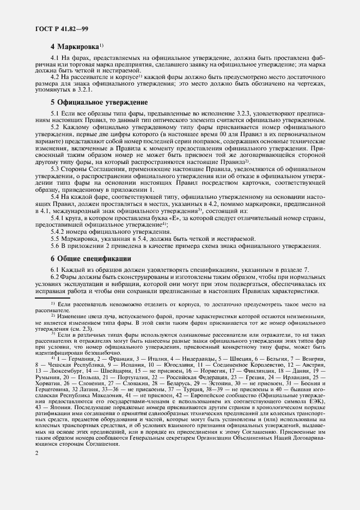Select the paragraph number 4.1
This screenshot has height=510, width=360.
(55, 57)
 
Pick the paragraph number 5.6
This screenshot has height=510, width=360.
(55, 246)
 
